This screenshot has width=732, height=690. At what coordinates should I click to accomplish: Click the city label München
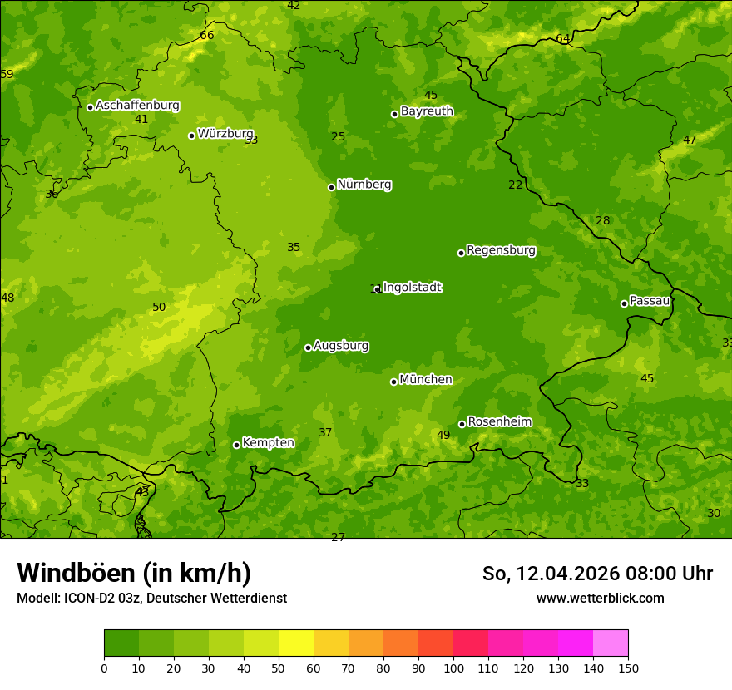[425, 380]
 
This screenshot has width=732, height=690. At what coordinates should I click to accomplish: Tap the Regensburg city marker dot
[461, 253]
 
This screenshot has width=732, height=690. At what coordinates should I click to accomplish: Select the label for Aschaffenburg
[137, 106]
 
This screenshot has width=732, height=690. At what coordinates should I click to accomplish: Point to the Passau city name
[650, 301]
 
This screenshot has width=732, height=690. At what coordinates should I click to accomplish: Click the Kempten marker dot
[236, 445]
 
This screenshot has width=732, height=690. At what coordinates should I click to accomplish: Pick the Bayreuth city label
[427, 111]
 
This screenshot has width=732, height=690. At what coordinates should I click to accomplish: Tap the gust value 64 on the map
[563, 39]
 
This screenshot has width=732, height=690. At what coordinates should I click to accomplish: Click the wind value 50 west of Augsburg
[159, 308]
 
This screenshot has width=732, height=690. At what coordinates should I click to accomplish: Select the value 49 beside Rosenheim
[443, 436]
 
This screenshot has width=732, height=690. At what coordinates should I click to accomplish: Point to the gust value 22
[516, 185]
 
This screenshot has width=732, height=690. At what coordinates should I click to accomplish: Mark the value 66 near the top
[207, 36]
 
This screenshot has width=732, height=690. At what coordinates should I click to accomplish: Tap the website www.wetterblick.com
[600, 598]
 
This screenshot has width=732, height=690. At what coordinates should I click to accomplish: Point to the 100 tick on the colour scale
[453, 668]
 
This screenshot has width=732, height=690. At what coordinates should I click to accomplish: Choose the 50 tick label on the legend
[279, 668]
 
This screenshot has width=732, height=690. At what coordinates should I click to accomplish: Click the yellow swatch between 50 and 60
[296, 643]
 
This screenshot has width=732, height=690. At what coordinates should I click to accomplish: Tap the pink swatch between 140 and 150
[611, 643]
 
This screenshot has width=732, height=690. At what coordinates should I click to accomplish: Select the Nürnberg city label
[364, 185]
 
